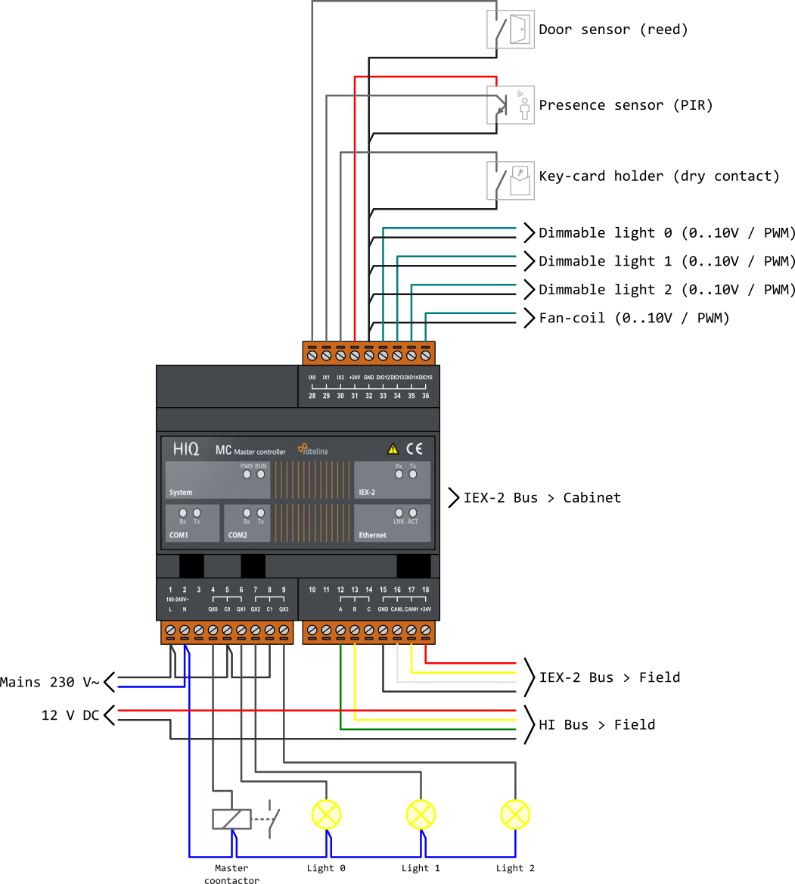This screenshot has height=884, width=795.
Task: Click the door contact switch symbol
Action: [x=510, y=30]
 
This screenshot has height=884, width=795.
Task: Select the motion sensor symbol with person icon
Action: [x=510, y=105]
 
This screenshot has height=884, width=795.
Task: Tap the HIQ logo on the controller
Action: [x=186, y=449]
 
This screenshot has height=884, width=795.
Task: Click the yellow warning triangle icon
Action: [x=393, y=448]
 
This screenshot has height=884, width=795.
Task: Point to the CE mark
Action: [x=415, y=447]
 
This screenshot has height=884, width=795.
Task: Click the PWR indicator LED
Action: [x=247, y=475]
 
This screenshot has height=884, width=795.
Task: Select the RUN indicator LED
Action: [x=261, y=475]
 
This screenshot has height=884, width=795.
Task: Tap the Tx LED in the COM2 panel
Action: [x=261, y=512]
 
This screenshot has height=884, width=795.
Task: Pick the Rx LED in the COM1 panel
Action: [x=183, y=512]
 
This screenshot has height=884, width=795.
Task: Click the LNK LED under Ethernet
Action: [x=399, y=512]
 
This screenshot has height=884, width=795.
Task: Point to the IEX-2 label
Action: [x=367, y=492]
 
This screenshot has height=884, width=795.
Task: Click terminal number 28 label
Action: [x=312, y=396]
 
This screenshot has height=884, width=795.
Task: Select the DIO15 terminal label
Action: [x=425, y=377]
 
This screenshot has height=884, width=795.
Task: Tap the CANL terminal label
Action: [x=397, y=609]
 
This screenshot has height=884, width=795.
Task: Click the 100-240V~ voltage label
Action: [x=177, y=599]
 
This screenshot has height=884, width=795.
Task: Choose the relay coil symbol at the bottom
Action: [x=231, y=818]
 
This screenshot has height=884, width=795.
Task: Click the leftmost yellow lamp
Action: [x=327, y=814]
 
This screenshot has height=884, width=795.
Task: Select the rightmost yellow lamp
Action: [x=515, y=814]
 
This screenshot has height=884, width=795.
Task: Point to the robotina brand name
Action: [x=315, y=451]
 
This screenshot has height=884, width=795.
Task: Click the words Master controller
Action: [x=260, y=452]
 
